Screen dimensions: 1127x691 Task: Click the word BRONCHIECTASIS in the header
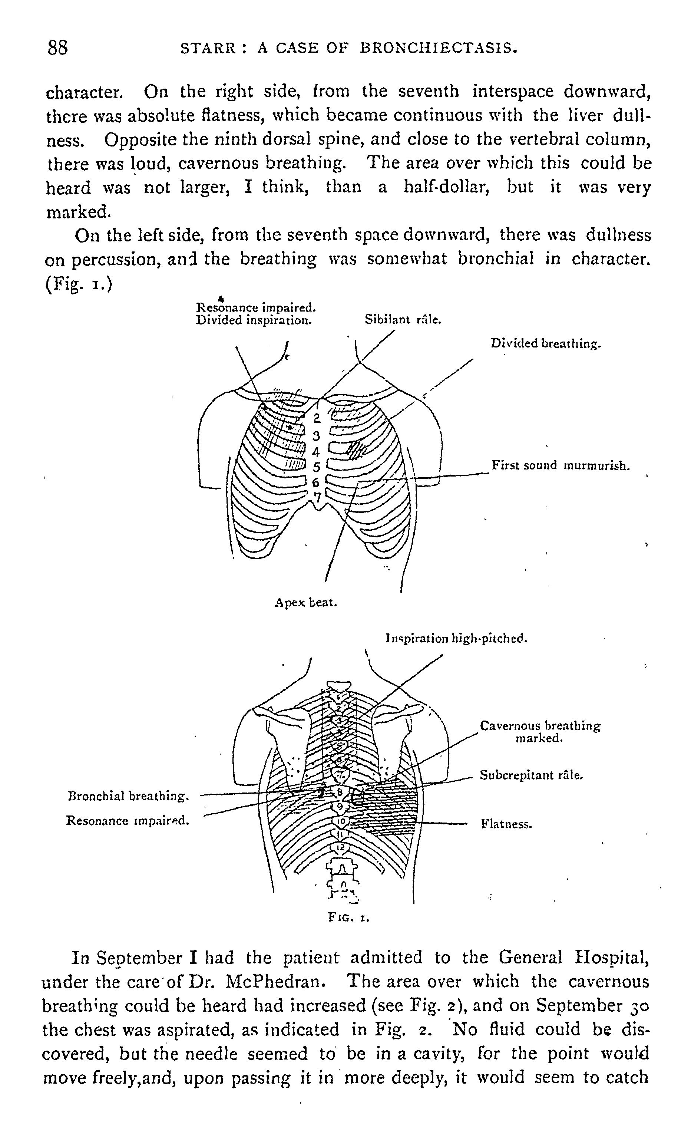(438, 48)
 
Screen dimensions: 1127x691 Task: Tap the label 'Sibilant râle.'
(403, 320)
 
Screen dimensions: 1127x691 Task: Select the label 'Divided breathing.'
(545, 343)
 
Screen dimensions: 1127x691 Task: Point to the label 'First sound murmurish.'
(560, 466)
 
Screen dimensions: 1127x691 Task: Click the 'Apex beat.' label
(305, 603)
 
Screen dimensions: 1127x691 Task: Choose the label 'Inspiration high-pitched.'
(456, 638)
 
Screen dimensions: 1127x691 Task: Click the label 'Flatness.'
(506, 824)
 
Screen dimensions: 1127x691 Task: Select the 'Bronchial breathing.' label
(128, 796)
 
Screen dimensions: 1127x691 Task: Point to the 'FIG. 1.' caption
(348, 917)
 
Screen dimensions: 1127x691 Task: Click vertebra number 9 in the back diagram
(340, 806)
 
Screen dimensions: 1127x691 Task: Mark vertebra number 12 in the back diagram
(340, 847)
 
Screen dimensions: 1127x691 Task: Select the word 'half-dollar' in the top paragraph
(446, 187)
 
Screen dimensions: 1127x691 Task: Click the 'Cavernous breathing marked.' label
(540, 732)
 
